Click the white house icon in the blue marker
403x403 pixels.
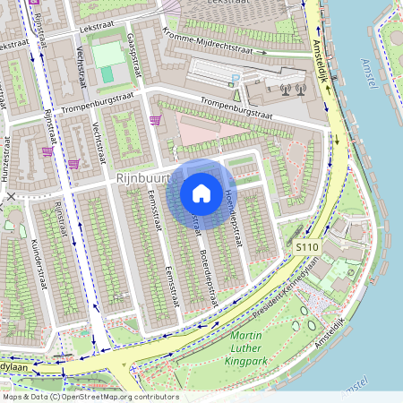coord(201,193)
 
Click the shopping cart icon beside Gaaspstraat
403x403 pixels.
coord(155,120)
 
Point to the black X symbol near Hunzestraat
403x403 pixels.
coord(10,195)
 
